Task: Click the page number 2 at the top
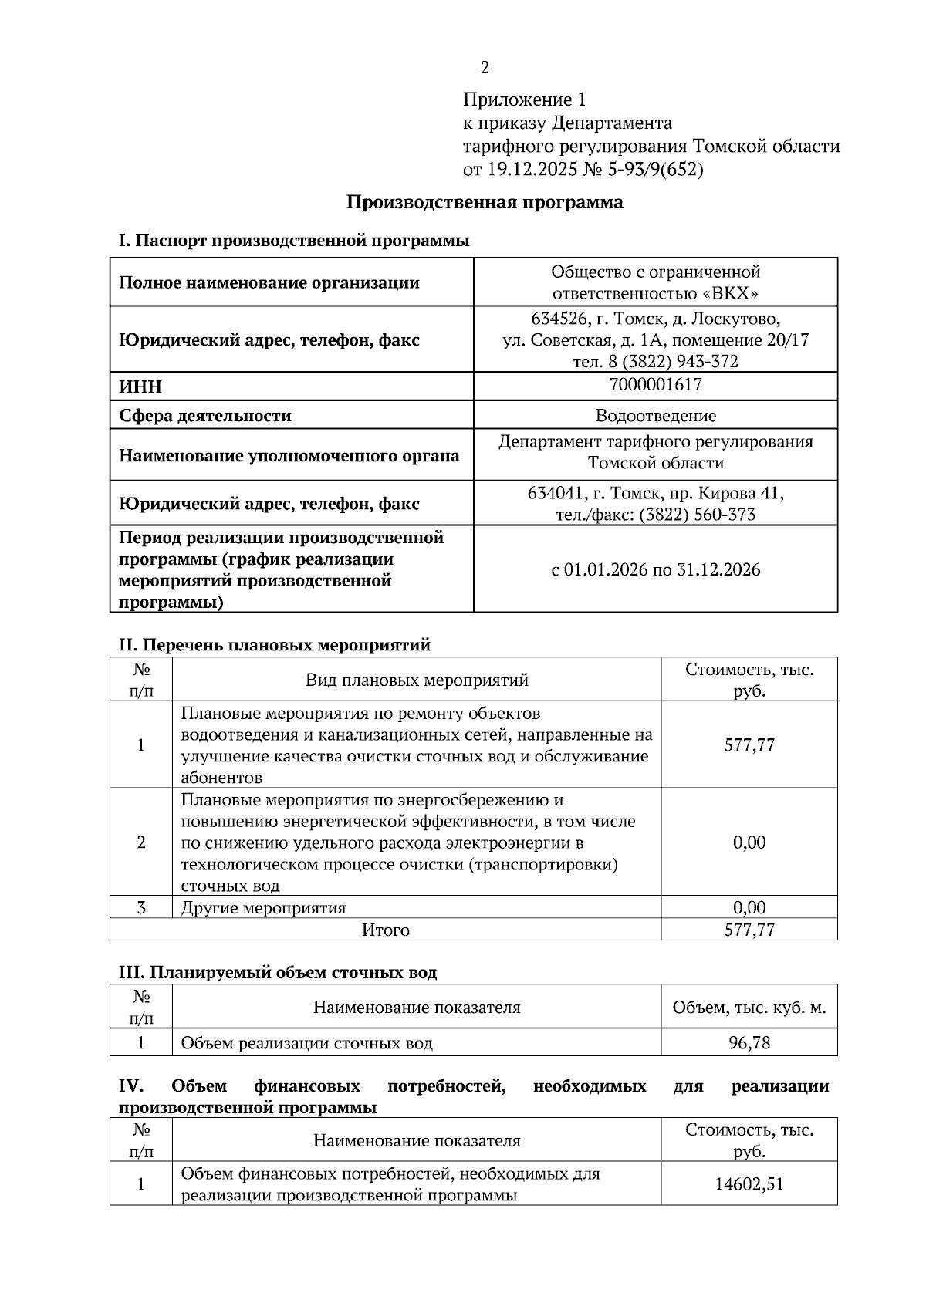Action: click(485, 68)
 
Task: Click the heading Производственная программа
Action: click(484, 202)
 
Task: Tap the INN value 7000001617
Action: click(655, 384)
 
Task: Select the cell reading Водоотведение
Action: click(655, 416)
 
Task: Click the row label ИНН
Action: click(140, 387)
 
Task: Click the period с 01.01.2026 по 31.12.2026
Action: click(655, 570)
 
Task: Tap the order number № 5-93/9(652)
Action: click(644, 170)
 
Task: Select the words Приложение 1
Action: click(525, 100)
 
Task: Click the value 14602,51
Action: click(749, 1183)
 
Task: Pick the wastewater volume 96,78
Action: click(749, 1043)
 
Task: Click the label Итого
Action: click(385, 930)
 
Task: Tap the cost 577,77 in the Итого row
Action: click(749, 930)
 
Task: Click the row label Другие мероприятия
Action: click(263, 907)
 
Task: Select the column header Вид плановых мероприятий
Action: click(417, 680)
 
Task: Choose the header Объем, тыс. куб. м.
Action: click(749, 1007)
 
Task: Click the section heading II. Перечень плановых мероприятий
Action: click(274, 645)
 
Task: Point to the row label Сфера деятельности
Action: click(204, 416)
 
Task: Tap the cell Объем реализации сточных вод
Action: click(306, 1043)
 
